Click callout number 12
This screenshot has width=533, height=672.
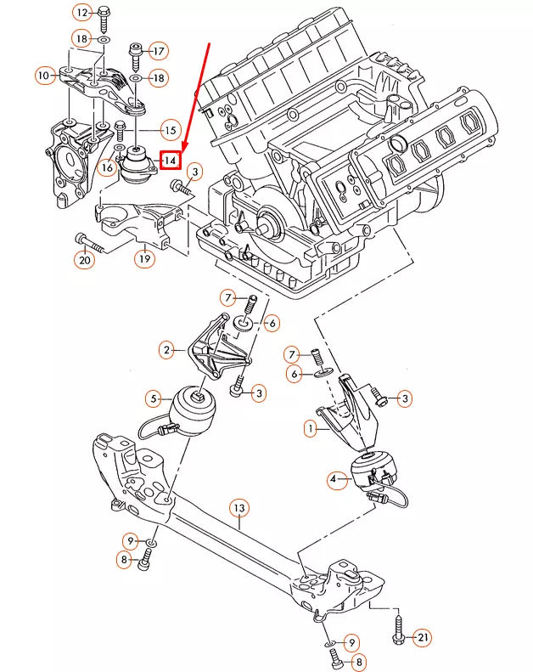tap(81, 13)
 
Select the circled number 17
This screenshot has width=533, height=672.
tap(158, 50)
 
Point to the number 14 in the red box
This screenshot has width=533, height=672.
tap(171, 159)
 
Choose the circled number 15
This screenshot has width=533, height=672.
tap(170, 130)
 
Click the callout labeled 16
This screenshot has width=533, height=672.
tap(106, 167)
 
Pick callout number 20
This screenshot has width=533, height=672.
tap(84, 261)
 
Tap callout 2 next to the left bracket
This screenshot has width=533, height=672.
tap(167, 349)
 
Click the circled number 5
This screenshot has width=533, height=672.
tap(154, 397)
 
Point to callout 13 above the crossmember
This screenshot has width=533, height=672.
tap(239, 508)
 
